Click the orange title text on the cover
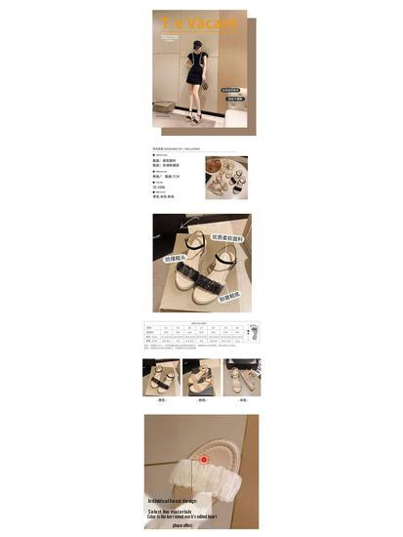tap(200, 22)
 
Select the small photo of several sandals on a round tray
tap(225, 177)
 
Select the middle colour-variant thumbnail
tap(202, 376)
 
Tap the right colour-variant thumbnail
tap(241, 376)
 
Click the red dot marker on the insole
tap(203, 458)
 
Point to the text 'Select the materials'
tap(175, 510)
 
